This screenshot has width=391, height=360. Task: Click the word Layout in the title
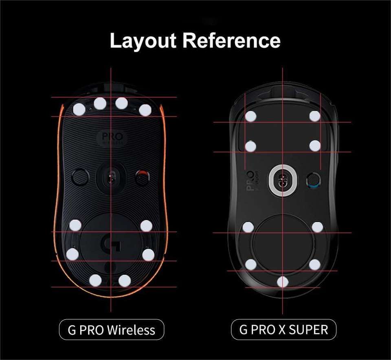[x=143, y=41]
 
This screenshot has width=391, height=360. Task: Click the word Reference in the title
[x=231, y=41]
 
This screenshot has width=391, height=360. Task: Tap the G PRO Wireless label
[x=111, y=329]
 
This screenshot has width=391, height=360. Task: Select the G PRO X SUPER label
[x=283, y=329]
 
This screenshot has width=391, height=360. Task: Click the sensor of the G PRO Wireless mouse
[x=110, y=177]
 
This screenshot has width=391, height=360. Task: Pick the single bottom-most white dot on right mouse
[x=282, y=281]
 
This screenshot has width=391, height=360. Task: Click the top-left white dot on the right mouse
[x=251, y=116]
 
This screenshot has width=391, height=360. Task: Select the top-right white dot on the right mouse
[x=314, y=116]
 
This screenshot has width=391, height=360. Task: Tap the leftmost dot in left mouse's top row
[x=79, y=109]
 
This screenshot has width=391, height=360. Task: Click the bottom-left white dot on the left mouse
[x=95, y=280]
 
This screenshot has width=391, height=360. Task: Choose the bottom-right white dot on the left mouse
[x=125, y=280]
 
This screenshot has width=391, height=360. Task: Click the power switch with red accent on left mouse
[x=142, y=177]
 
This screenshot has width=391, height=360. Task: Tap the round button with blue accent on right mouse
[x=312, y=179]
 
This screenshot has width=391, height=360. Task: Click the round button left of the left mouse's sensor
[x=80, y=177]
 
